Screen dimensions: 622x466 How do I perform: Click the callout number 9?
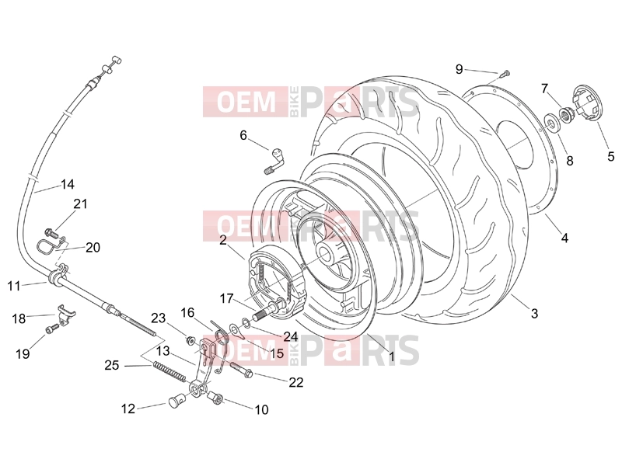point(459,69)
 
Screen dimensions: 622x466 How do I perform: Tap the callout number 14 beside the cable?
point(68,184)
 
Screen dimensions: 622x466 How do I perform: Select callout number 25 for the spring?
point(112,365)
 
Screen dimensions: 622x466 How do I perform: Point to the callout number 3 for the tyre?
point(534,314)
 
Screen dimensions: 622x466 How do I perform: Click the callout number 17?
point(226,298)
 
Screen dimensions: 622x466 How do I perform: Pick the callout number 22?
point(296,382)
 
